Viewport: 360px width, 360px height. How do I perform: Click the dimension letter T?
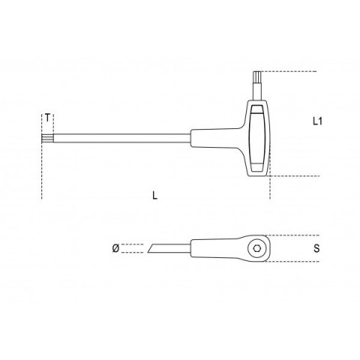48,118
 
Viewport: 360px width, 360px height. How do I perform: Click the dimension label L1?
317,121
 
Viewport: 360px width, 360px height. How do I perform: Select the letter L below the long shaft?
155,195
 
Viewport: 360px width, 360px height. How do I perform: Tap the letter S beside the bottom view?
316,248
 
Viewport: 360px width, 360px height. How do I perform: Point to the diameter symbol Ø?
115,248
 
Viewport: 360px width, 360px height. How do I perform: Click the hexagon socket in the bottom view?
256,248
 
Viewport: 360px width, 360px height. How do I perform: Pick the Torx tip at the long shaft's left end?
47,139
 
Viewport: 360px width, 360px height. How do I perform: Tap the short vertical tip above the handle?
257,85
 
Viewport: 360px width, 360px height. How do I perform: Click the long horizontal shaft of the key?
122,139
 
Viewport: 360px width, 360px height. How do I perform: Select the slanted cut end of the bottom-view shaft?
151,248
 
